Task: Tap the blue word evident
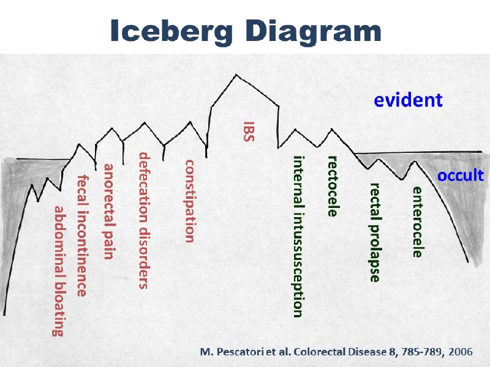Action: pos(408,100)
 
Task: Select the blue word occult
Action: pos(461,176)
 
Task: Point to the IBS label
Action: pos(249,132)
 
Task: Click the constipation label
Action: pos(190,201)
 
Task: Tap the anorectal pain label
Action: pos(109,212)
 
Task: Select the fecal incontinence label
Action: pos(82,235)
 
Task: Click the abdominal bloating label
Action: pos(58,271)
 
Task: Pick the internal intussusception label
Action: pos(298,237)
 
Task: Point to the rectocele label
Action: pos(333,187)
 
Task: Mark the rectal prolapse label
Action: pos(375,232)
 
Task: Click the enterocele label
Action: pos(418,222)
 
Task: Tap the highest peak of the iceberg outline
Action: pos(236,75)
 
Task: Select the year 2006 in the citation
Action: pos(461,352)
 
